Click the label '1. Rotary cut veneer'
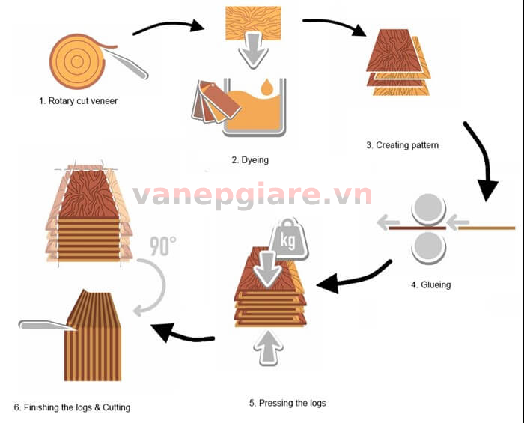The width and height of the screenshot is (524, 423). coord(79,100)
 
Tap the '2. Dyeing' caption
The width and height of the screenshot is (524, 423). coord(250,159)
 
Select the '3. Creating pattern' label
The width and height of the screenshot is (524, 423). coord(402,145)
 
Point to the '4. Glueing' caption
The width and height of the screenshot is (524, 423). coord(430,284)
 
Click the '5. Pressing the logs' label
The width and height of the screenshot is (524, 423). coord(287,403)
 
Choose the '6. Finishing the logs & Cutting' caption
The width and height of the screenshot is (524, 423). coord(72,407)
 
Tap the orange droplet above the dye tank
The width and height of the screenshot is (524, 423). coord(266,89)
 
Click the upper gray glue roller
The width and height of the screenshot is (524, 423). coord(427,209)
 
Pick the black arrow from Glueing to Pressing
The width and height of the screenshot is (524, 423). coord(353,276)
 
